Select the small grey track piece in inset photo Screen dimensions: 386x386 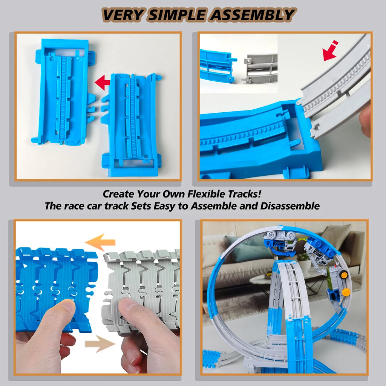[x=261, y=68]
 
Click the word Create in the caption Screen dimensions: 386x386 [x=119, y=194]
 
